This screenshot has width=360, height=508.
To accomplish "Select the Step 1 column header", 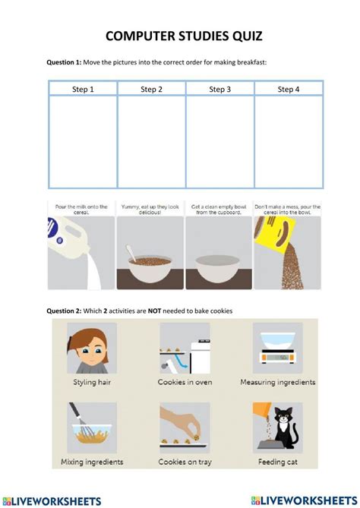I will click(x=83, y=90).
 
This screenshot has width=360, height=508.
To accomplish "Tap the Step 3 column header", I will click(x=219, y=90).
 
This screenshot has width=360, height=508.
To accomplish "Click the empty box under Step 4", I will click(x=288, y=142).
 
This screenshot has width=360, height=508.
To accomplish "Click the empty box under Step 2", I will click(x=151, y=142).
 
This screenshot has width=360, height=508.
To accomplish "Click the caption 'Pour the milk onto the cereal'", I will click(x=81, y=209).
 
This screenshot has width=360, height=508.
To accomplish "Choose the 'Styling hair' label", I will click(x=91, y=382).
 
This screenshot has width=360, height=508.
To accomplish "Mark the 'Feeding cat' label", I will click(x=277, y=461).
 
